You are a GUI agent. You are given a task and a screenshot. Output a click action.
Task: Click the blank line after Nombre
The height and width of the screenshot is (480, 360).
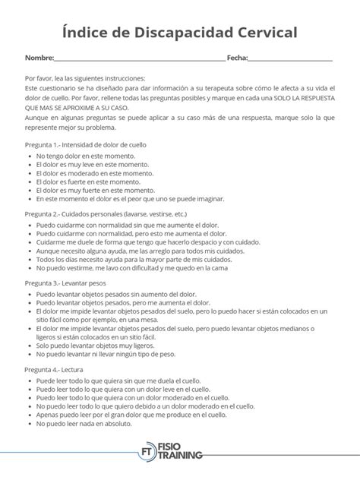[x=140, y=59]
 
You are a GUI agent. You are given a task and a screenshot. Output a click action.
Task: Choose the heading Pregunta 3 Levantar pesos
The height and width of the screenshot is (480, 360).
[x=78, y=282]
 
